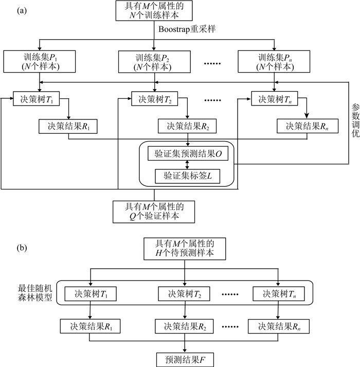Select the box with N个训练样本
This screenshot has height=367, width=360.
click(x=155, y=12)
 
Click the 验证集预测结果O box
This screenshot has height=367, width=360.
click(x=187, y=153)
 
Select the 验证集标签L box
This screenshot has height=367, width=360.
click(x=187, y=176)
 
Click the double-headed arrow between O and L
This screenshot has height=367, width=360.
click(x=187, y=164)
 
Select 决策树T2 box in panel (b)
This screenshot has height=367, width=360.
click(x=184, y=294)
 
